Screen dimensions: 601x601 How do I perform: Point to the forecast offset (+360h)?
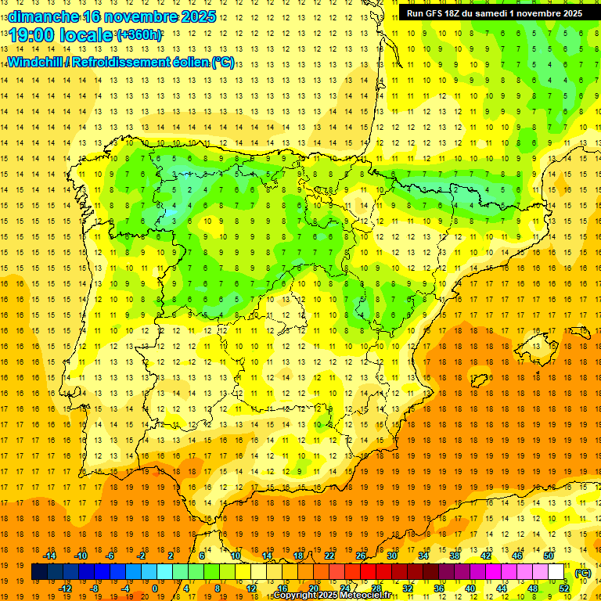139,35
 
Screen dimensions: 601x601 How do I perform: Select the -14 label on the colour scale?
49,556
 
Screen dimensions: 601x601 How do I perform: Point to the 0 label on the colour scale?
154,588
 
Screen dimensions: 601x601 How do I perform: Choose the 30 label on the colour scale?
391,556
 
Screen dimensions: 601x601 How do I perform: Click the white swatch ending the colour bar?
556,572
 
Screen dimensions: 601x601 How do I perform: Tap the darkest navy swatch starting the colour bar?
39,572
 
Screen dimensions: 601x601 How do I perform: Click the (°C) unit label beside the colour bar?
582,573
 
